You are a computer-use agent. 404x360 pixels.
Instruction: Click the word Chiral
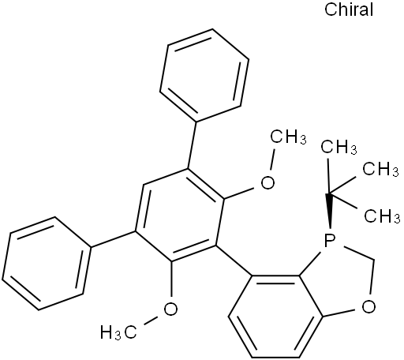tap(349, 9)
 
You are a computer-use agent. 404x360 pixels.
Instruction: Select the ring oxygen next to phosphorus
tap(368, 307)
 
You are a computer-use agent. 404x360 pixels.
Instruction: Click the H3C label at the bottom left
tap(118, 332)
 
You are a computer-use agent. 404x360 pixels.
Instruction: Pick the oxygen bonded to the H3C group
tap(170, 309)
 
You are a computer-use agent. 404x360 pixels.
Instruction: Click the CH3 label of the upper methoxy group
tap(288, 137)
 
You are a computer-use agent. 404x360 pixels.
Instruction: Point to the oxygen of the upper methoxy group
tap(267, 182)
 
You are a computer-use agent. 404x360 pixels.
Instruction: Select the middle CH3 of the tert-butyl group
tap(381, 168)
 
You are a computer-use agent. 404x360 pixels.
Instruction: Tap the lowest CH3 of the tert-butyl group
tap(382, 216)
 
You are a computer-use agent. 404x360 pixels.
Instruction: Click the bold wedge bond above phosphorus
tap(330, 211)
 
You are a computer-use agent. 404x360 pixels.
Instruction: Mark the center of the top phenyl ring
tap(204, 76)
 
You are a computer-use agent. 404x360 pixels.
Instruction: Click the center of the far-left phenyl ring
tap(47, 264)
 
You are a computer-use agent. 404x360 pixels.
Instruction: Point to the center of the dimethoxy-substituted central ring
tap(179, 215)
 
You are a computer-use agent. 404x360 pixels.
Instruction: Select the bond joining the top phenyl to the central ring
tap(192, 145)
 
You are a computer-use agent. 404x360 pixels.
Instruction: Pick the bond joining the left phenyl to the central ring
tap(113, 239)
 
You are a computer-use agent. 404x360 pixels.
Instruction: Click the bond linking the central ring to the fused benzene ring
tap(234, 261)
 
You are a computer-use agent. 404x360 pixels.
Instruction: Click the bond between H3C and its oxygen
tap(147, 321)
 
